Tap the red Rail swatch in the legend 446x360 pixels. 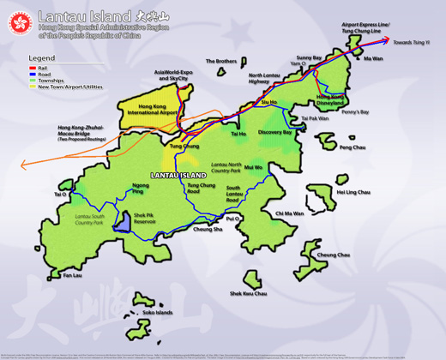point(33,68)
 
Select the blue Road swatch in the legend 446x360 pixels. point(33,75)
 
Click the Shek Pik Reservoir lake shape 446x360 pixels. point(123,222)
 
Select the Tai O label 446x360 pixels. point(60,195)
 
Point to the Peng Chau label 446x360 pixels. point(352,147)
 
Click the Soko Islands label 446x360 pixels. point(158,313)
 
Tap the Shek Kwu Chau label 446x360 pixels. point(248,294)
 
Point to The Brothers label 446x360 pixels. point(221,62)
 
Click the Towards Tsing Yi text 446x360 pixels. point(412,40)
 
